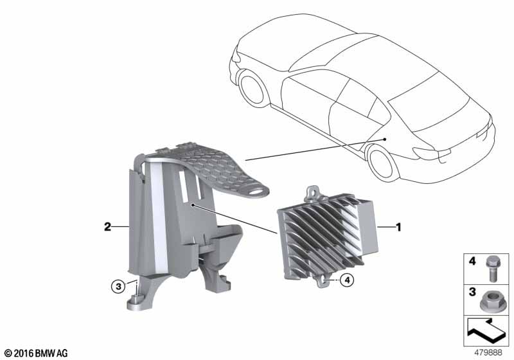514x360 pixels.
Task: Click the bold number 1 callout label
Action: tap(398, 227)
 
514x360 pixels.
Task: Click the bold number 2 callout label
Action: tap(107, 226)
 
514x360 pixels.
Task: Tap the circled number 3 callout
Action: tap(118, 287)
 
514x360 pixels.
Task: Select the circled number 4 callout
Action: tap(347, 280)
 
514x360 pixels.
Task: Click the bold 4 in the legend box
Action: tap(472, 261)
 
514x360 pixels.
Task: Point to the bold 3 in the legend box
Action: tap(472, 291)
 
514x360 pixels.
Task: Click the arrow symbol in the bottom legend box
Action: tap(486, 330)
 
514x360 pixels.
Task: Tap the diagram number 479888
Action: tap(488, 352)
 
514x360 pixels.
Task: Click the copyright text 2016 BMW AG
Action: tap(37, 353)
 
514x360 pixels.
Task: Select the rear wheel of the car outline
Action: tap(382, 162)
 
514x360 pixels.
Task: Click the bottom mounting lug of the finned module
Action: tap(323, 280)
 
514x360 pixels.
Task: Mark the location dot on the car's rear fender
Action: tap(385, 139)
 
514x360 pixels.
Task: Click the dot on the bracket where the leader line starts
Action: tap(193, 205)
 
